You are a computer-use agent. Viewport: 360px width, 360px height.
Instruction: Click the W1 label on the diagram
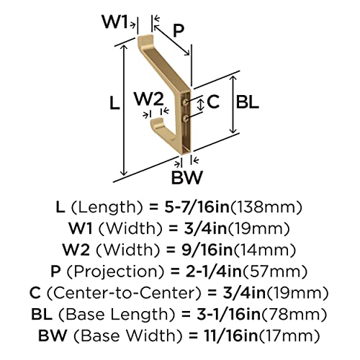(x=114, y=22)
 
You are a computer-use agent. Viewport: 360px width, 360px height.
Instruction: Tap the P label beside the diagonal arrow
(x=179, y=30)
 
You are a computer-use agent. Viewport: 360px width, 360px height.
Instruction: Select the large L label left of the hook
(x=114, y=103)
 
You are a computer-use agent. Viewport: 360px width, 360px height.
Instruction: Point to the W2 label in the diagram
(x=149, y=99)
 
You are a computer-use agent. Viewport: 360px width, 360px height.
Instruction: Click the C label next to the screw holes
(x=213, y=102)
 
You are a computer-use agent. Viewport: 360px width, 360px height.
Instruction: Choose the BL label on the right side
(x=247, y=102)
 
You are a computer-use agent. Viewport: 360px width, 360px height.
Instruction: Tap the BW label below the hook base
(x=187, y=177)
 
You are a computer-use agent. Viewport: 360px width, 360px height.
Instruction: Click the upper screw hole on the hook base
(x=186, y=102)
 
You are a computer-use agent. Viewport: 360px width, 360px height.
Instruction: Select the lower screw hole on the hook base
(x=186, y=118)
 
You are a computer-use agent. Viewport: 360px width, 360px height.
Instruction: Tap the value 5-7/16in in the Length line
(x=197, y=207)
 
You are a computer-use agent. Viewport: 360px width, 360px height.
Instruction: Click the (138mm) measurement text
(x=266, y=207)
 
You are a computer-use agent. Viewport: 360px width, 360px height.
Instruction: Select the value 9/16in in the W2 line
(x=207, y=250)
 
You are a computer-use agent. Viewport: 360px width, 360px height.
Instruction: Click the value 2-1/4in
(x=214, y=271)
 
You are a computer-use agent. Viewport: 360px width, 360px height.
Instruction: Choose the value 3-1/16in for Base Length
(x=228, y=314)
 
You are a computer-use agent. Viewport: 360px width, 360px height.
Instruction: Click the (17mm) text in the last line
(x=289, y=336)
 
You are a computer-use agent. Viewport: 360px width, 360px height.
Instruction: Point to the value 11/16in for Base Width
(x=231, y=336)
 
